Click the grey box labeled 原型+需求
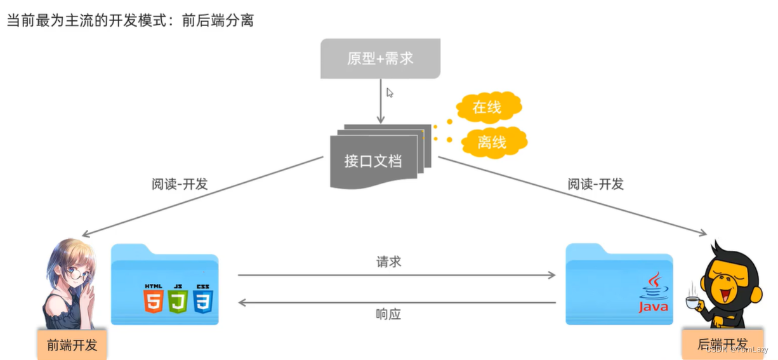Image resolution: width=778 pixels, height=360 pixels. click(379, 58)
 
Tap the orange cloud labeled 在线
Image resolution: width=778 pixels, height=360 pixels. click(487, 108)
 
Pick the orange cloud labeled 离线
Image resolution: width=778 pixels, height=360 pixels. click(492, 142)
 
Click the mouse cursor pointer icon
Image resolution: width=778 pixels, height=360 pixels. click(390, 93)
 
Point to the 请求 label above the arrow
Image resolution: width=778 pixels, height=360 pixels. click(388, 262)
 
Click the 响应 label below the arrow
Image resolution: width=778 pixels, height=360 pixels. click(388, 314)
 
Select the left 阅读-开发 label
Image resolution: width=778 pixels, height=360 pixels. click(180, 184)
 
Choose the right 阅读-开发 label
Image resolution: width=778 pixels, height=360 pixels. click(595, 184)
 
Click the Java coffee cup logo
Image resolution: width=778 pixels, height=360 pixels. click(654, 293)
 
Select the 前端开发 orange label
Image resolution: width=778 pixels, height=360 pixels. click(72, 345)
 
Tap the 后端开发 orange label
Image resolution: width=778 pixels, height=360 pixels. click(722, 343)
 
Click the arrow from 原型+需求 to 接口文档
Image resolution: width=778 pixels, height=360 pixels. click(381, 102)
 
